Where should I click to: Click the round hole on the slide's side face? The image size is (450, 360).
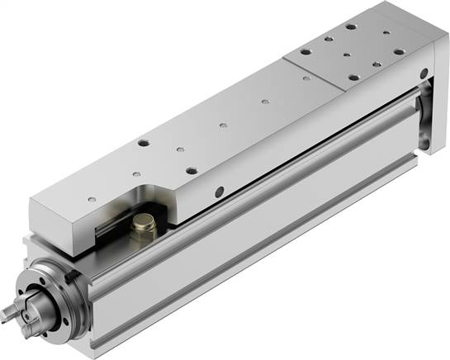pos(219,192)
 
